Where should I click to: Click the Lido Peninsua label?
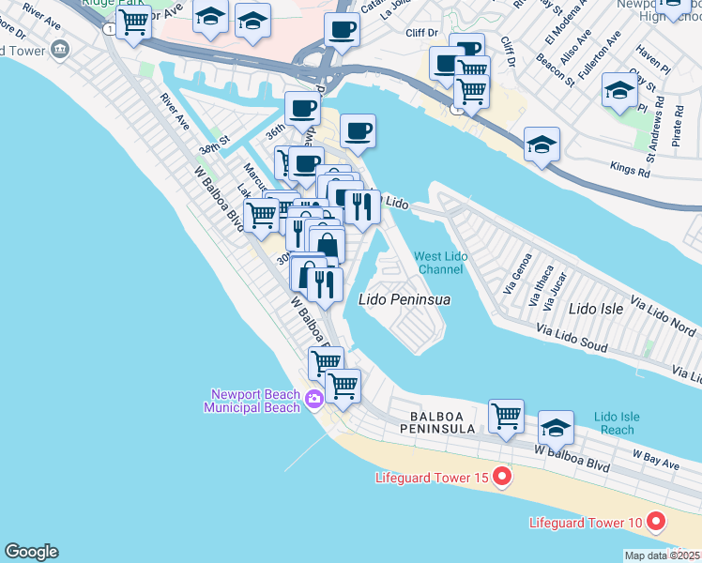[x=404, y=299]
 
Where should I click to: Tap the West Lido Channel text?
[x=440, y=263]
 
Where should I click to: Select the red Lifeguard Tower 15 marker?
[x=501, y=478]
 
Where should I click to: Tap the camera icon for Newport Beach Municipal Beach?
[x=313, y=401]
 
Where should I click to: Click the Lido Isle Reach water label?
[x=617, y=422]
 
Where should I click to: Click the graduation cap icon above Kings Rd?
[x=542, y=145]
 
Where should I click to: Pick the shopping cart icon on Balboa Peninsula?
[x=506, y=415]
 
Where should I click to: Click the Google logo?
[x=31, y=552]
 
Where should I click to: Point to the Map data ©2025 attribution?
[x=663, y=555]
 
